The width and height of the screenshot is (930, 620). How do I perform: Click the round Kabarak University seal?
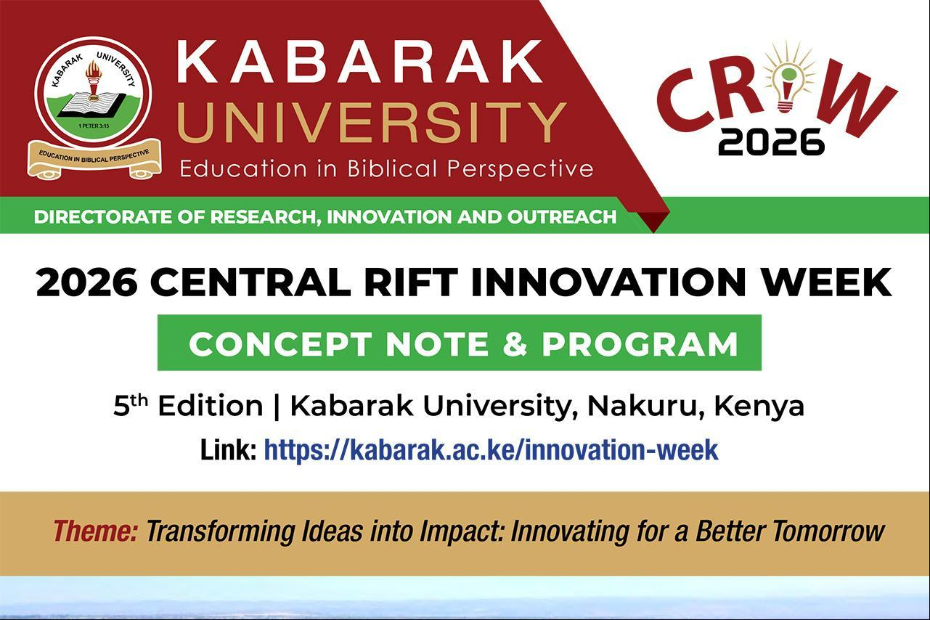[x=93, y=92]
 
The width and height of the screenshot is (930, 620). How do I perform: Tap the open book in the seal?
[x=92, y=105]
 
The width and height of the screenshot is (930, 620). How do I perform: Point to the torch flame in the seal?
[x=94, y=70]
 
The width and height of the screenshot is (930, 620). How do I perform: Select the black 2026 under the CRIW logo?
[x=771, y=142]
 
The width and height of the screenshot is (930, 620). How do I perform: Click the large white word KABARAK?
[x=360, y=62]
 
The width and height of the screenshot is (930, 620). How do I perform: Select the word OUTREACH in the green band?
[x=562, y=217]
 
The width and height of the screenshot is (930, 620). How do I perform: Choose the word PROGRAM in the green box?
[x=640, y=344]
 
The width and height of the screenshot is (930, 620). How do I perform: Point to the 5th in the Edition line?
[x=131, y=405]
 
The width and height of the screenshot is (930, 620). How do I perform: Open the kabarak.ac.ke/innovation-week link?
[x=491, y=450]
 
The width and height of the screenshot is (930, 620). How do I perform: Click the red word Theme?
[x=95, y=531]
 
